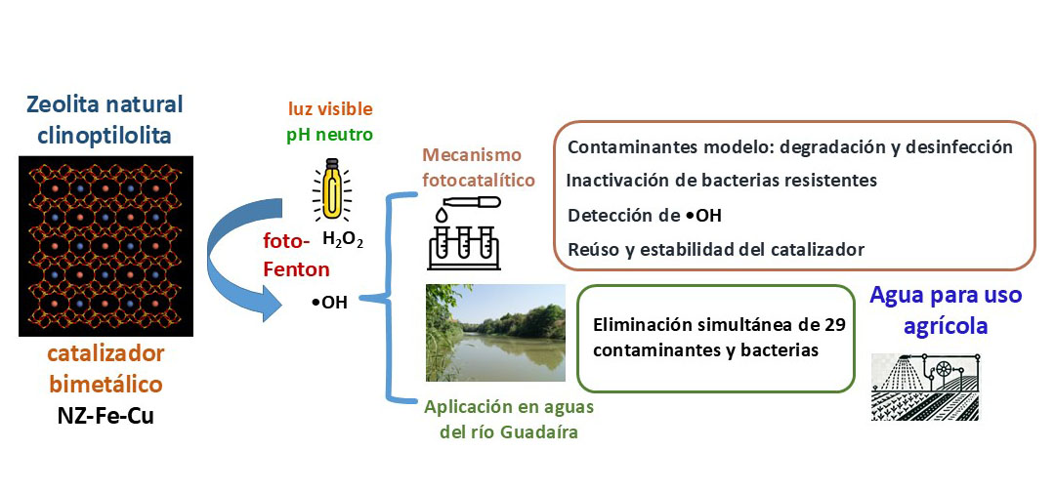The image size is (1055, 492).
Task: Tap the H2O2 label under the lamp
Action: pyautogui.click(x=343, y=239)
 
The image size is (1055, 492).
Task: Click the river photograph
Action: pyautogui.click(x=495, y=332)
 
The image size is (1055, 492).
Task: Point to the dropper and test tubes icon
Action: pyautogui.click(x=463, y=230)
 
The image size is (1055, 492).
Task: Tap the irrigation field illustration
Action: pyautogui.click(x=924, y=386)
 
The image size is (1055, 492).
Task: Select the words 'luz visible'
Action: pyautogui.click(x=330, y=108)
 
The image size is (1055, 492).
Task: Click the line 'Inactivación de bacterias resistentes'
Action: pyautogui.click(x=722, y=181)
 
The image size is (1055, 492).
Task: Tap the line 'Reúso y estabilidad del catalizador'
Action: pyautogui.click(x=716, y=249)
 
